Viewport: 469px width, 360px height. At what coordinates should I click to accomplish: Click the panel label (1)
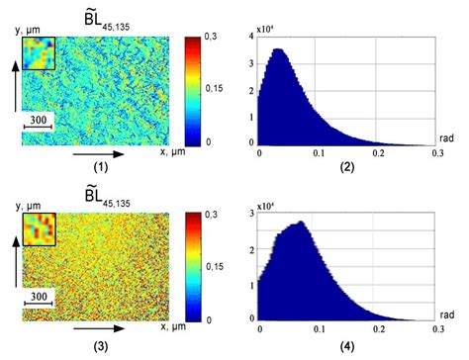tap(101, 168)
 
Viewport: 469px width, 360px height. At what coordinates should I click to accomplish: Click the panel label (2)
tap(348, 169)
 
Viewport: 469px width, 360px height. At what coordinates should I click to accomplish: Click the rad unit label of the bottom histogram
tap(444, 311)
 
